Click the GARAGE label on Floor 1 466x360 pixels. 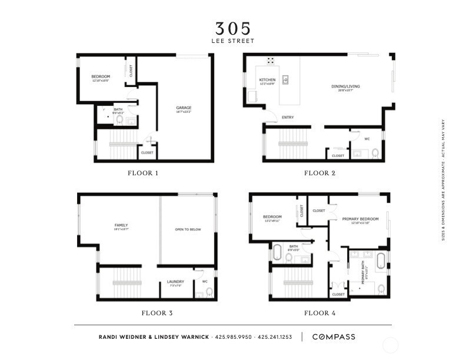(x=184, y=108)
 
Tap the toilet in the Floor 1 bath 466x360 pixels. (x=119, y=120)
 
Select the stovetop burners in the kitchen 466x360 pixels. (x=271, y=60)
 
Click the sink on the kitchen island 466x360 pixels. (x=285, y=79)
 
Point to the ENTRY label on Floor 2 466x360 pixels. (x=288, y=118)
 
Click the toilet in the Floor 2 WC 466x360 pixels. (x=375, y=154)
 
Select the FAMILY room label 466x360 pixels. (x=121, y=225)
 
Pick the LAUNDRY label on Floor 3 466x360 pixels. (x=176, y=282)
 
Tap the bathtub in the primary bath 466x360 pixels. (x=380, y=259)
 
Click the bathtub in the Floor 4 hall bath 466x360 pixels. (x=277, y=252)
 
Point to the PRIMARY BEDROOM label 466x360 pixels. (x=360, y=219)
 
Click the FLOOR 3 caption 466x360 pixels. (x=157, y=313)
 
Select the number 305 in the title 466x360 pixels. (x=232, y=28)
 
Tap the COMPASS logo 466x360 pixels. (x=333, y=337)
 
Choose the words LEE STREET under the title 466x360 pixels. (x=232, y=41)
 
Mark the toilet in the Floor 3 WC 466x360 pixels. (x=209, y=292)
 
